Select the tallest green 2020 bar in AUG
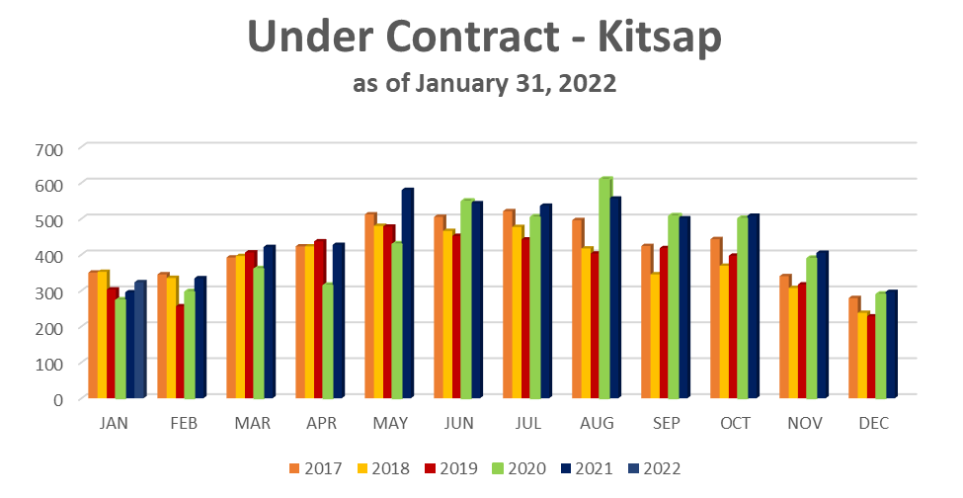pyautogui.click(x=605, y=287)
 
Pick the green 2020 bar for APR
pyautogui.click(x=327, y=341)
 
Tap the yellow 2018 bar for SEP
pyautogui.click(x=655, y=335)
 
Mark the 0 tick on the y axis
pyautogui.click(x=57, y=399)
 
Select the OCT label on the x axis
pyautogui.click(x=735, y=423)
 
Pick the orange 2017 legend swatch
pyautogui.click(x=293, y=468)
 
